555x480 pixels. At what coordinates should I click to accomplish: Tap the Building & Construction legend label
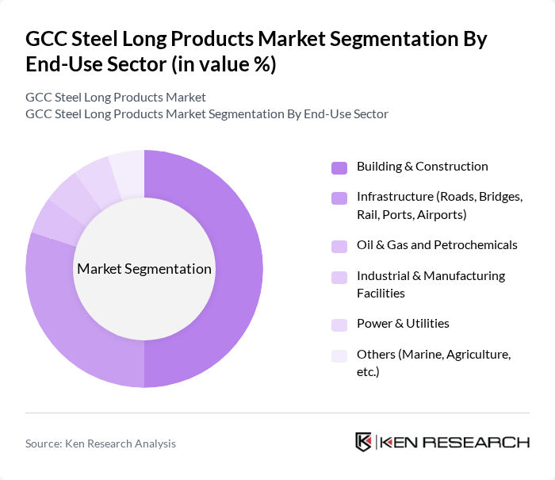[422, 167]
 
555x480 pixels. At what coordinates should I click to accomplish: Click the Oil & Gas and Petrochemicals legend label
[437, 244]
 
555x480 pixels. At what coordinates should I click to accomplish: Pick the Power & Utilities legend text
[403, 323]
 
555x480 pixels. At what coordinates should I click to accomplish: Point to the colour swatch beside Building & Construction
[339, 167]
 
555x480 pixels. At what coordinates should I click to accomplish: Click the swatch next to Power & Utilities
[339, 324]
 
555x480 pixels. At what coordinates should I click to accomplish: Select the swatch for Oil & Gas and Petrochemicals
[339, 245]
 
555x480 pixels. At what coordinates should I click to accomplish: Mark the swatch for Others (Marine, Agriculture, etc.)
[339, 355]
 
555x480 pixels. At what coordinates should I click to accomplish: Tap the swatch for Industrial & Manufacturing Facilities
[339, 277]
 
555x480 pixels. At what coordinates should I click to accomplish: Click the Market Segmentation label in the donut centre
[144, 269]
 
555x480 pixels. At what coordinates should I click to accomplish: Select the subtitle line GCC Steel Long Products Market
[116, 98]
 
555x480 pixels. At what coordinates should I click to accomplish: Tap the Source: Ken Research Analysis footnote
[101, 444]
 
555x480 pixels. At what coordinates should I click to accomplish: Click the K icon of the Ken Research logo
[364, 442]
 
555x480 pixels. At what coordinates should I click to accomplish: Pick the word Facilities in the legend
[381, 293]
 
